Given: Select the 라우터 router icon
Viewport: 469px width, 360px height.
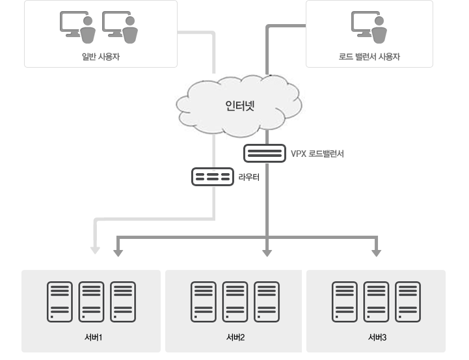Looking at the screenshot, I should [x=212, y=176].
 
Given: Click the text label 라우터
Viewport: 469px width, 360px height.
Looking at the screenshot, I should [x=249, y=176].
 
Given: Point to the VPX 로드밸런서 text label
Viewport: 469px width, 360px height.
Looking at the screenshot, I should [x=317, y=154].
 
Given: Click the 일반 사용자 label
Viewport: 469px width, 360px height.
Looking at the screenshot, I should [x=101, y=57].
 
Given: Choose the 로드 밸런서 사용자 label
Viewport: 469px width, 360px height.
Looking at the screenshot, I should [x=369, y=57].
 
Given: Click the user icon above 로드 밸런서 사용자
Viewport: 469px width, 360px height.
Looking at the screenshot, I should [x=369, y=26].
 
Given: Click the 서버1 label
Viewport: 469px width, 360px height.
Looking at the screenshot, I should [x=92, y=337].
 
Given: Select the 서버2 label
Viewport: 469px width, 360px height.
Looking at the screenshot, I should [x=235, y=337].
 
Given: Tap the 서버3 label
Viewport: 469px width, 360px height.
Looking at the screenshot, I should [x=377, y=337].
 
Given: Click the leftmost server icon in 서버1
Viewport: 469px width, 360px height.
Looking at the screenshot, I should [x=60, y=301].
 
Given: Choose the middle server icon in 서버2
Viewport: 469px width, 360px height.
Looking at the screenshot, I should [x=235, y=301].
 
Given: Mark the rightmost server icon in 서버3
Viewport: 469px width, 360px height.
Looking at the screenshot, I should [x=409, y=301].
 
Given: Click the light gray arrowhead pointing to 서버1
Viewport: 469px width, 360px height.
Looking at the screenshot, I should [x=95, y=249].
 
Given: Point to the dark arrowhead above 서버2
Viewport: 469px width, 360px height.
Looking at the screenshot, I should [x=267, y=251].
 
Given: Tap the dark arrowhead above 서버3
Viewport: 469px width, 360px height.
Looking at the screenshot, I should [x=376, y=251].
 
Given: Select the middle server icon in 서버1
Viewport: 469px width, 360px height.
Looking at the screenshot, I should [x=91, y=301].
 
